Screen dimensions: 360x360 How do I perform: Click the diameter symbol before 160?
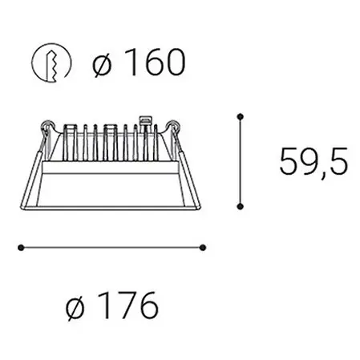click(103, 62)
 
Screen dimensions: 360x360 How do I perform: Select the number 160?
click(156, 62)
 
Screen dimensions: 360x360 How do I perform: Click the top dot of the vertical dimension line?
click(239, 117)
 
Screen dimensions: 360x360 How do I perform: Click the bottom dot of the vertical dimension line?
click(239, 206)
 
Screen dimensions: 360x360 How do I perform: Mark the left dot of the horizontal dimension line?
click(18, 247)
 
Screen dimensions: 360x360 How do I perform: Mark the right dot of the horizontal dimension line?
click(204, 247)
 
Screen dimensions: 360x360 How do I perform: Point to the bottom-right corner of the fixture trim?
click(204, 206)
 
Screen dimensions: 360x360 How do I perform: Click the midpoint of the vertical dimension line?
click(239, 161)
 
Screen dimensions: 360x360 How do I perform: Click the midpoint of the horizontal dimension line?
click(111, 247)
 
